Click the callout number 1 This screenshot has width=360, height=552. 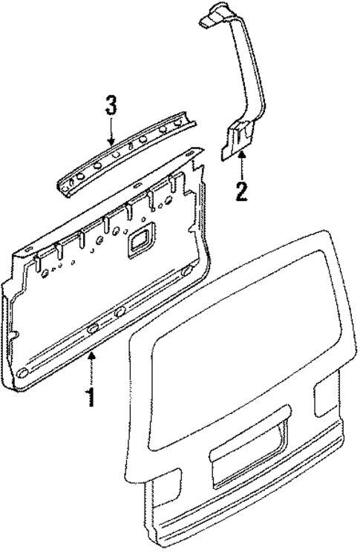click(x=90, y=397)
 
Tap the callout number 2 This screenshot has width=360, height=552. click(x=241, y=191)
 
